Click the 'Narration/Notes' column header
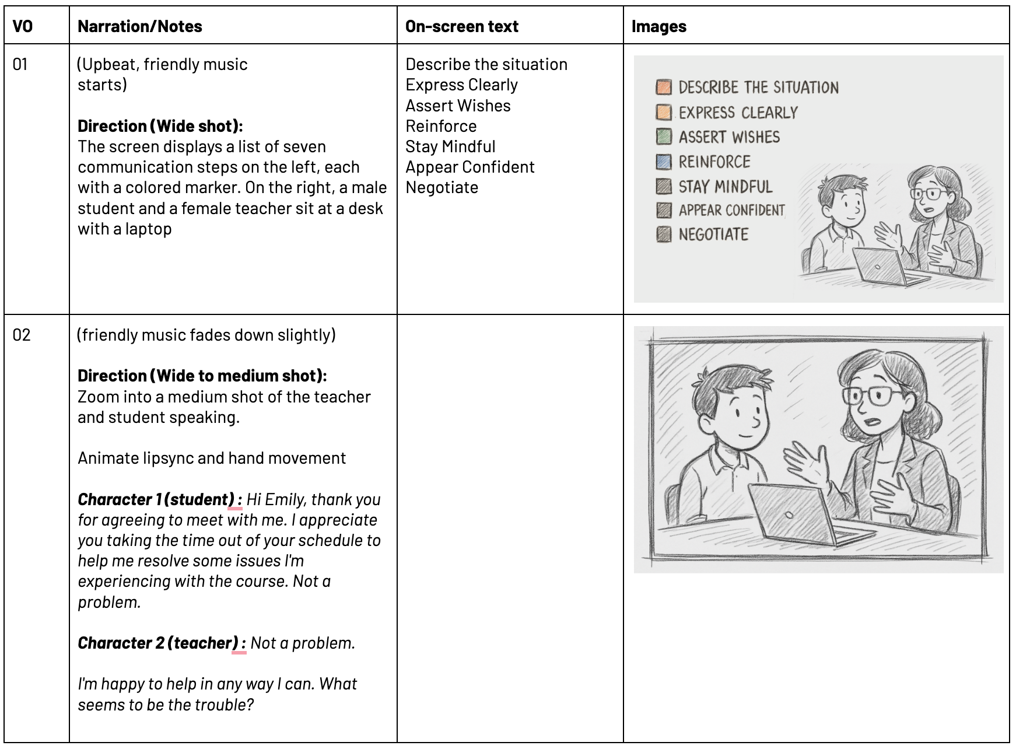click(x=139, y=26)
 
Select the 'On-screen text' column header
click(x=461, y=26)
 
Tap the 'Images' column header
click(x=658, y=26)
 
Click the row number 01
click(x=20, y=64)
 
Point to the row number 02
click(x=22, y=335)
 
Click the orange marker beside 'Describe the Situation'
click(x=664, y=87)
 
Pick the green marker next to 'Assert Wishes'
click(x=664, y=136)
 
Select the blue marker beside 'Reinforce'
click(x=664, y=162)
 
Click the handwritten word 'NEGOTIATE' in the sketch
click(x=713, y=235)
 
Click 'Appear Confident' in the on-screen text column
click(x=470, y=167)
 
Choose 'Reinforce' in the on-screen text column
click(x=441, y=126)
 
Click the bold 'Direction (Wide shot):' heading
click(x=160, y=126)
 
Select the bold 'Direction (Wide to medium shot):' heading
click(x=202, y=376)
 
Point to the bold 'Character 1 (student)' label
click(x=156, y=499)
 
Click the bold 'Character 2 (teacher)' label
click(x=157, y=643)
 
